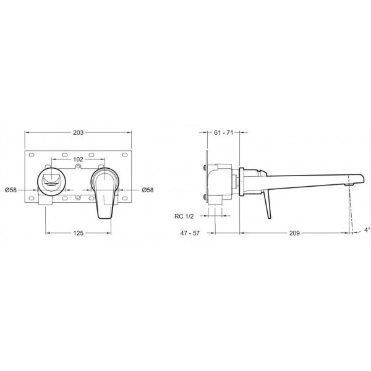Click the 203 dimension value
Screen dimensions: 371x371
pos(78,133)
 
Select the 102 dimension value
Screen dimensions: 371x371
pos(78,160)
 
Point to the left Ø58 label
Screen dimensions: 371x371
pos(11,190)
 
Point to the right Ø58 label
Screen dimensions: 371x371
pos(148,190)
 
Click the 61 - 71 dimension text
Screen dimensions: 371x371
pos(224,133)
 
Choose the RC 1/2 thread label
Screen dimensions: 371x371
pos(184,216)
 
